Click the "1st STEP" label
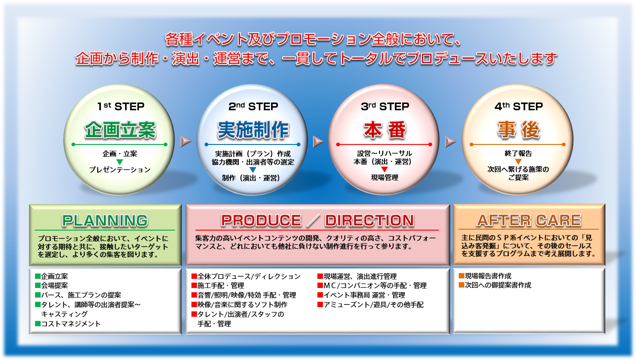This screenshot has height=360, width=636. click(121, 107)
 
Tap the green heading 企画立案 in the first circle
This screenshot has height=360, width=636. click(120, 130)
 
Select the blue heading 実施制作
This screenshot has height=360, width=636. click(253, 130)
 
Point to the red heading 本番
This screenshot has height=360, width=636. click(385, 130)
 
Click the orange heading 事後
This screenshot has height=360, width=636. click(518, 130)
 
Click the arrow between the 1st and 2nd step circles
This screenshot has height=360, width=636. click(186, 141)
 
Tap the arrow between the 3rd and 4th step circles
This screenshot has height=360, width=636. click(450, 141)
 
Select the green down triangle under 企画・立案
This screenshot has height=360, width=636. click(120, 162)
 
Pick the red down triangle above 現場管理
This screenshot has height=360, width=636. click(385, 170)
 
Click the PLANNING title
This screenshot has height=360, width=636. click(105, 221)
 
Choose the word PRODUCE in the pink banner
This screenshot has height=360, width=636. click(261, 220)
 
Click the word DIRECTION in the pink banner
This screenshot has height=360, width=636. click(369, 220)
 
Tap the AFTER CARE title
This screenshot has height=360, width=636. click(529, 220)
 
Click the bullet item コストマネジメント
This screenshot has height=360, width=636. click(68, 324)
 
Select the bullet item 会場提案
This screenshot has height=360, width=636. click(51, 285)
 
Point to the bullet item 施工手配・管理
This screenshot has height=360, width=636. click(218, 285)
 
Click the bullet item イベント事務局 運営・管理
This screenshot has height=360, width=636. click(361, 295)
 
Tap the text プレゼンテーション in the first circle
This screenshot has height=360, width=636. click(120, 170)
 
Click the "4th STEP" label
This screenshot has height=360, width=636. click(518, 107)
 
